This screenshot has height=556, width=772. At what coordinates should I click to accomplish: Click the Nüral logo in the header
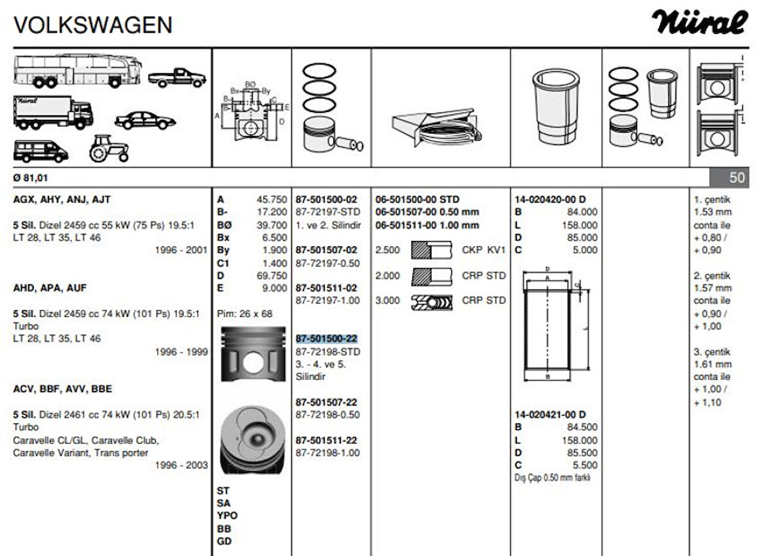[x=699, y=23]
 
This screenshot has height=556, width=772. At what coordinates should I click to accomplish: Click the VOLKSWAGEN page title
[x=93, y=25]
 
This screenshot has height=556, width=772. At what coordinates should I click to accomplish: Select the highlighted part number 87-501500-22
[x=325, y=339]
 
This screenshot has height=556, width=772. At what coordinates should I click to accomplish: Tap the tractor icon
[x=109, y=149]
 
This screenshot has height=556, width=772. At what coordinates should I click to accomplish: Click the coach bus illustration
[x=78, y=70]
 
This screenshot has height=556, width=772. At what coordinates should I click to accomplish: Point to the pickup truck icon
[x=177, y=77]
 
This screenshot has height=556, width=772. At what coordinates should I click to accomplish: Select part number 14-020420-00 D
[x=550, y=199]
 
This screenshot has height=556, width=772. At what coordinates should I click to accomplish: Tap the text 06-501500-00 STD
[x=417, y=199]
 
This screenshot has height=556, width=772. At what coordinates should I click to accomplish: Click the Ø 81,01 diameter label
[x=30, y=177]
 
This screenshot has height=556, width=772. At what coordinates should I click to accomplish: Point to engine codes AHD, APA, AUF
[x=50, y=287]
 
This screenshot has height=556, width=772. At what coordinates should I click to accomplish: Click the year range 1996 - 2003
[x=181, y=465]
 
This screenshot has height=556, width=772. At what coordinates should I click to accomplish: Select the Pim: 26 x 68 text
[x=245, y=313]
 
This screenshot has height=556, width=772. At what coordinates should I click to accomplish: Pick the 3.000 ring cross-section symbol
[x=432, y=301]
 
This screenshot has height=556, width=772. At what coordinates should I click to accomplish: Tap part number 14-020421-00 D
[x=550, y=414]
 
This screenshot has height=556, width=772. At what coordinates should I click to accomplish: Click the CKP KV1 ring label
[x=483, y=250]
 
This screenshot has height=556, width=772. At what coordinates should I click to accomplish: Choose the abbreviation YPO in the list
[x=227, y=515]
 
